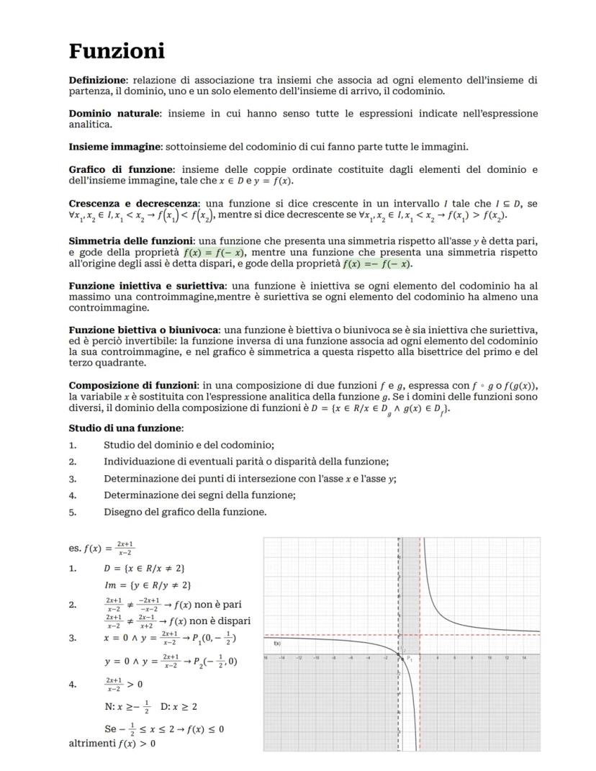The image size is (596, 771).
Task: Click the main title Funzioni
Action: [117, 51]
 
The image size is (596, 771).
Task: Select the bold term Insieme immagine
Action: [115, 147]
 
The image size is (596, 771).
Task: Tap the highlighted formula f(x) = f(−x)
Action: [215, 253]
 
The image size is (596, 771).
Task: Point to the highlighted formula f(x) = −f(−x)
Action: [376, 264]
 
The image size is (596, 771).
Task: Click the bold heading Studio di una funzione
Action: [125, 428]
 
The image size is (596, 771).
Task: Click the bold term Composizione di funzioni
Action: [133, 385]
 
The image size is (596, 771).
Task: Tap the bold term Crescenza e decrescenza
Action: [135, 203]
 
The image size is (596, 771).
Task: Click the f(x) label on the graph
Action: [278, 644]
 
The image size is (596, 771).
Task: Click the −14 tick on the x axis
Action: [282, 658]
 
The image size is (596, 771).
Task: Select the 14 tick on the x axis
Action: [524, 658]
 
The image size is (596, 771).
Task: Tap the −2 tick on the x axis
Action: [386, 658]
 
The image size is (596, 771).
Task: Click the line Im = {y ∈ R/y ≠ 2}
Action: [148, 585]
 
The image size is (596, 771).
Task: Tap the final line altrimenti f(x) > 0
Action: [112, 743]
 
